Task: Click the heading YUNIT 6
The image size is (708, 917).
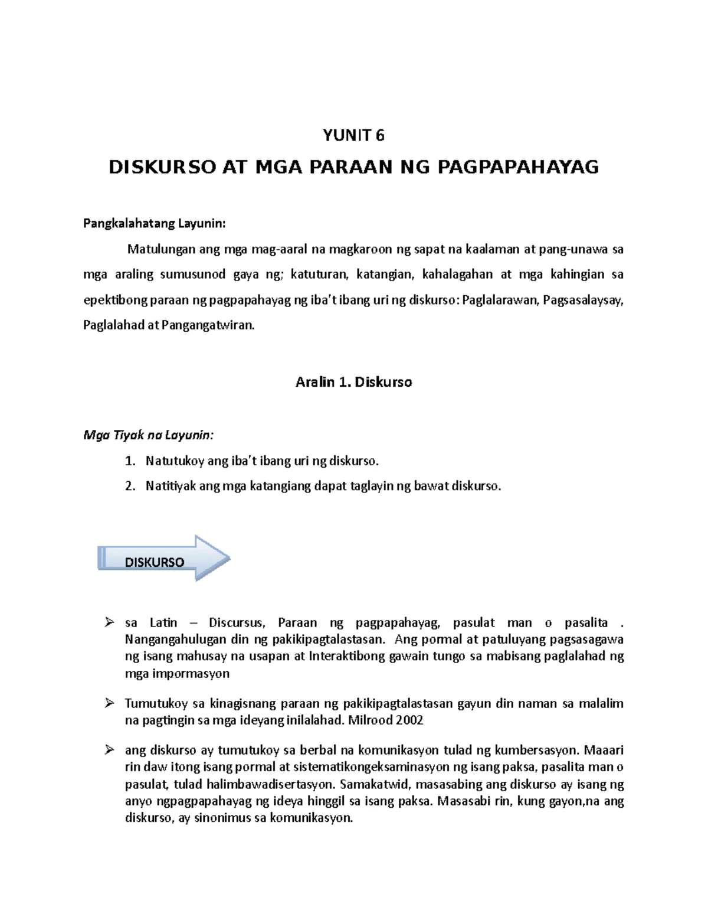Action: tap(353, 136)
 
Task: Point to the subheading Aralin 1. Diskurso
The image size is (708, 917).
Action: tap(353, 382)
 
